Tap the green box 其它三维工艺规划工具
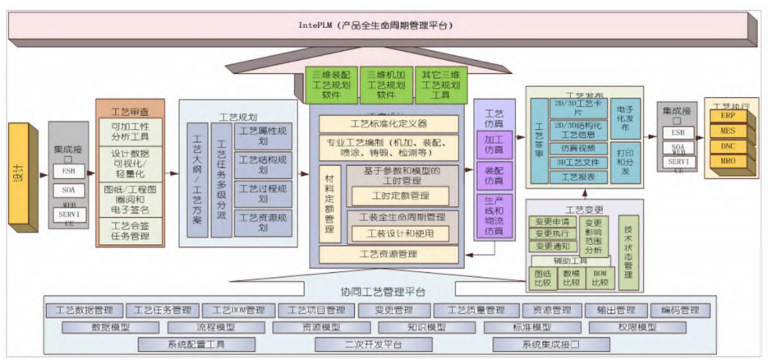[x=440, y=85]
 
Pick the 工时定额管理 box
[x=400, y=196]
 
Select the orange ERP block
[x=728, y=116]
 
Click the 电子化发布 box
[x=624, y=119]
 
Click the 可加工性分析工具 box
[x=130, y=132]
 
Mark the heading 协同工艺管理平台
[x=383, y=291]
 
